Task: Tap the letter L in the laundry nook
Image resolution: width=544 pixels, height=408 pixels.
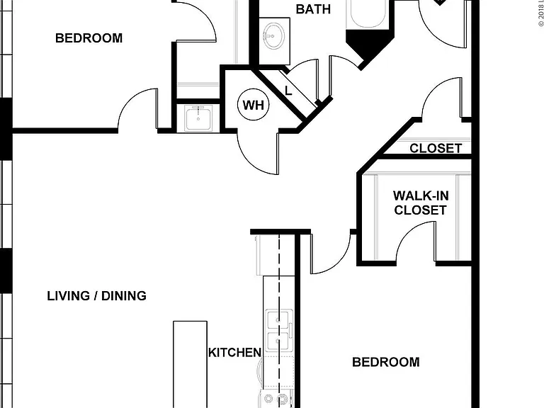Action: coord(288,91)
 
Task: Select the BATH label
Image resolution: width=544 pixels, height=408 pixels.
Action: coord(313,9)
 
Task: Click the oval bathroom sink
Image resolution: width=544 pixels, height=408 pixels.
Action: coord(273,36)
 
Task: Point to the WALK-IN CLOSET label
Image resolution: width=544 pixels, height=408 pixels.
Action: coord(421,203)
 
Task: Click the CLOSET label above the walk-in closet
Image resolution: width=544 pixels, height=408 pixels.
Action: coord(436,148)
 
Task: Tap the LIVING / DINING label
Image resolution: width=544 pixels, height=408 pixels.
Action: coord(97,296)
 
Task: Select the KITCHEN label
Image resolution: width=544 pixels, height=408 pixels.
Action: coord(234,353)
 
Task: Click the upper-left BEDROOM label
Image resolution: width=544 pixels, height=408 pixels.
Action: coord(89,38)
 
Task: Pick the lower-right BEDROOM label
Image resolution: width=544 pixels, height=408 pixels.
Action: coord(386,362)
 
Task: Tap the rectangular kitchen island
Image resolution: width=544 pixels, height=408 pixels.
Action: coord(190,364)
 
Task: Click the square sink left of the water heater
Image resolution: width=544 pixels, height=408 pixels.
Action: coord(198,119)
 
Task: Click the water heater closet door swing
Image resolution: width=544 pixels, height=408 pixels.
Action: coord(251,160)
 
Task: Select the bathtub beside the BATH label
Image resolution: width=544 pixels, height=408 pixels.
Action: coord(368,14)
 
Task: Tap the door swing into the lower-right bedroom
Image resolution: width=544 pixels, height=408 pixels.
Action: coord(339,261)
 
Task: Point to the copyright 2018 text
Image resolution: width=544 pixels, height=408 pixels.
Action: coord(541,13)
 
